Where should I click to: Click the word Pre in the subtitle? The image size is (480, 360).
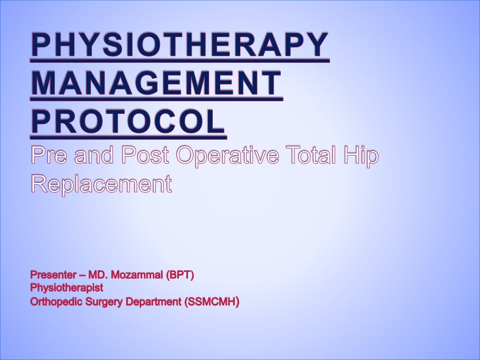click(49, 156)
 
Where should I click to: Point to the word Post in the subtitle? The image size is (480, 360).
click(145, 156)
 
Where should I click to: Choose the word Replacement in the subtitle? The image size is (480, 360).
click(101, 185)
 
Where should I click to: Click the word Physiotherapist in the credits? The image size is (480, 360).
click(67, 288)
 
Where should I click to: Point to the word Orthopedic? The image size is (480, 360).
click(57, 302)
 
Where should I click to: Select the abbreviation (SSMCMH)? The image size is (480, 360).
click(212, 302)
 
